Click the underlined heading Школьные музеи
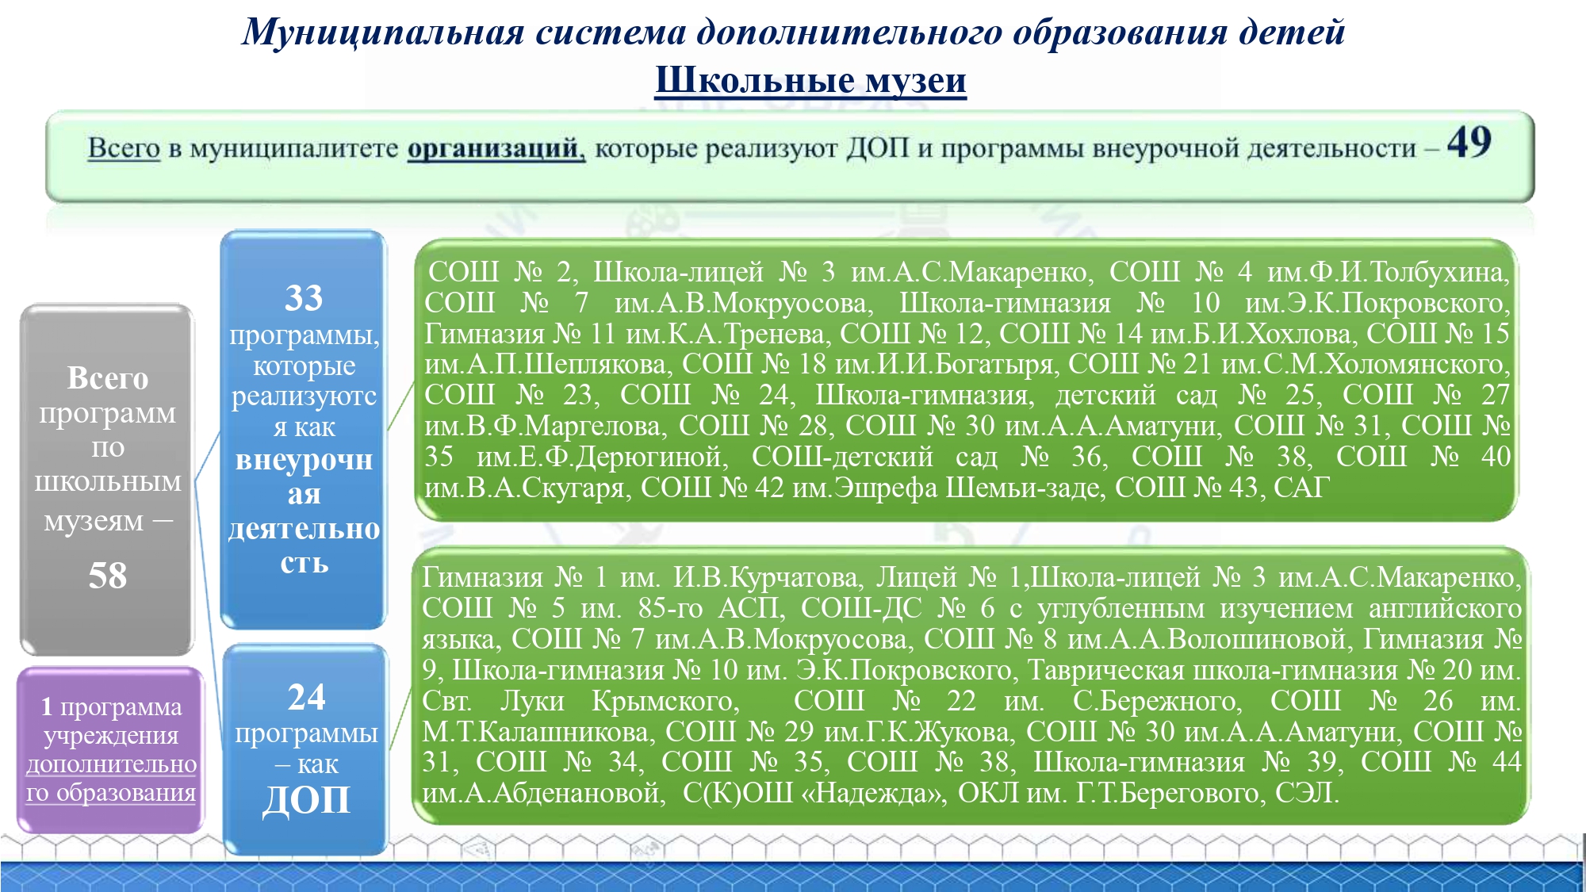(x=810, y=81)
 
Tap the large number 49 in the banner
(x=1469, y=143)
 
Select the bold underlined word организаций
(x=496, y=148)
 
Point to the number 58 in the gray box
(x=108, y=575)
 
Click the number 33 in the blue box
(x=304, y=298)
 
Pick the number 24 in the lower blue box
(x=306, y=697)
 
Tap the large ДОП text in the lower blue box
(x=306, y=799)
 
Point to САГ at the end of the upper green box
(x=1301, y=487)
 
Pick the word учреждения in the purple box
(x=111, y=735)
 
